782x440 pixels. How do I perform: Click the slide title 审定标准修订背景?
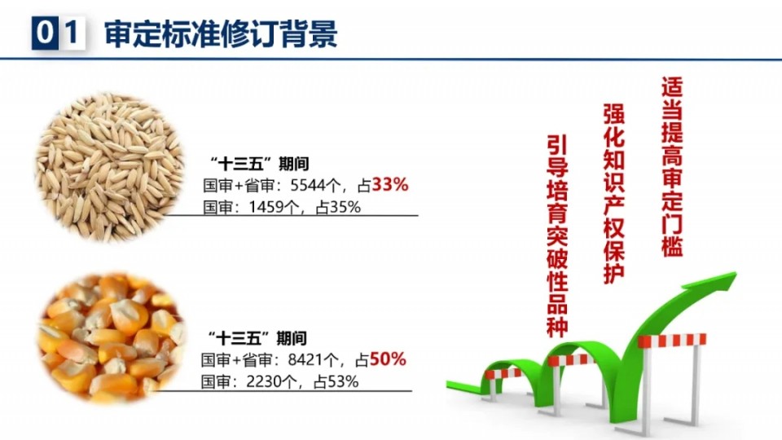221,34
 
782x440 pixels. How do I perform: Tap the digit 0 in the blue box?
44,33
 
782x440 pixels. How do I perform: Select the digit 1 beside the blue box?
72,33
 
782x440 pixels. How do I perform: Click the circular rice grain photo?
108,167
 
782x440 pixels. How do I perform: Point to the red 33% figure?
390,185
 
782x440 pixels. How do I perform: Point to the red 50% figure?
388,359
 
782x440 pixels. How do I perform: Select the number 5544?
307,186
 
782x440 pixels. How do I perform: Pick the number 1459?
266,207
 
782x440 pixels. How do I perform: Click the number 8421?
305,359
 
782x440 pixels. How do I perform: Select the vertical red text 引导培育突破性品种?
557,236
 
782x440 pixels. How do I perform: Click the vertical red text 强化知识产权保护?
613,194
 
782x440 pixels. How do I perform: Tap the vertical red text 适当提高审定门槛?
672,166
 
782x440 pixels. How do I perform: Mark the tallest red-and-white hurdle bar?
672,341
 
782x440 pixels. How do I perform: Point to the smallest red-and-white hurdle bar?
503,373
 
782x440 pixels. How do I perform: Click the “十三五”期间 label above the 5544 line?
259,164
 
